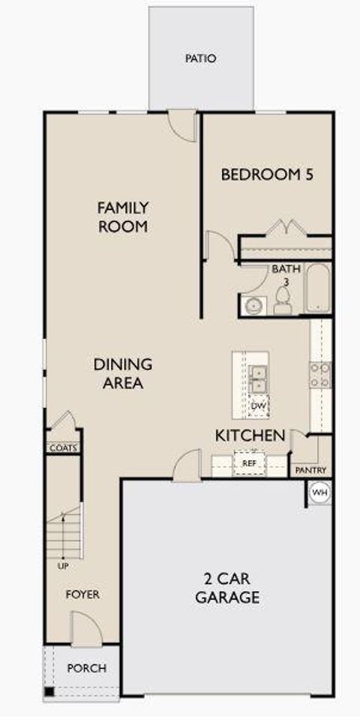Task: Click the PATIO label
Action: [x=201, y=58]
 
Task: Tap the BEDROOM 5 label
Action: [x=266, y=175]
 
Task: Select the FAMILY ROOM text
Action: [x=123, y=216]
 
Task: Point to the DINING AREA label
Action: [x=123, y=373]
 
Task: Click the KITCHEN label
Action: [x=250, y=435]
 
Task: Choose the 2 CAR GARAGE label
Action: [x=227, y=588]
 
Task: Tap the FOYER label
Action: [x=82, y=595]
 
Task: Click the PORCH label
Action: [x=87, y=668]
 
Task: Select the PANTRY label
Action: [x=310, y=470]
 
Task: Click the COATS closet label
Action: [x=63, y=448]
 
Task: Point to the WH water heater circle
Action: [x=319, y=493]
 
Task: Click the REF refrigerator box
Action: [x=249, y=463]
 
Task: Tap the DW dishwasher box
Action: [x=258, y=406]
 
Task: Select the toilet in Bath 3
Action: [x=283, y=302]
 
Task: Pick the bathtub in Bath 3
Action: [x=318, y=289]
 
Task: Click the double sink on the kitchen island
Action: [x=259, y=379]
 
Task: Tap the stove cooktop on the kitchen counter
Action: [x=321, y=374]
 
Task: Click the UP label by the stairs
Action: [x=63, y=566]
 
